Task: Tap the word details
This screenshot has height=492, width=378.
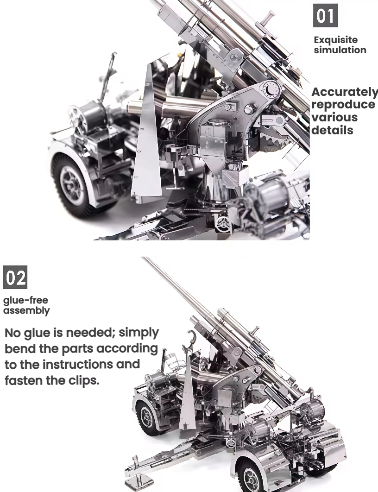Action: [332, 130]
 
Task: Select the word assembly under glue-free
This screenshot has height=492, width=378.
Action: [26, 310]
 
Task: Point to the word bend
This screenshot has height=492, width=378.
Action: [18, 348]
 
